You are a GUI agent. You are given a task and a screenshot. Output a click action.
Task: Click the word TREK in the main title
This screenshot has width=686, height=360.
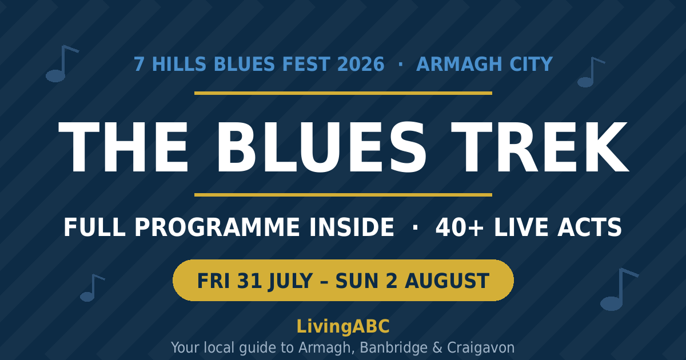click(x=540, y=147)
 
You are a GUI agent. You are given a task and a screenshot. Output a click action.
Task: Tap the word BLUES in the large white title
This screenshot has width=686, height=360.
click(x=321, y=147)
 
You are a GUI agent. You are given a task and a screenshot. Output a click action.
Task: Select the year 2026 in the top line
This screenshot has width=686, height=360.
click(x=361, y=64)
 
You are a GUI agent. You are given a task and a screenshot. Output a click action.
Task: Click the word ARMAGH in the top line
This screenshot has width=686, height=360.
click(x=459, y=64)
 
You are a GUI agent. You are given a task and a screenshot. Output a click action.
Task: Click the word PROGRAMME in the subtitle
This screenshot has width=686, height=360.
click(x=217, y=227)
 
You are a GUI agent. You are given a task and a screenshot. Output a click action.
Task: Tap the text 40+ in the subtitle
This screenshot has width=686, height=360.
click(x=460, y=227)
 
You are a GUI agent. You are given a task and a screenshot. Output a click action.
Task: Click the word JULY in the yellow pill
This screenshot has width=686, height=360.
click(x=290, y=281)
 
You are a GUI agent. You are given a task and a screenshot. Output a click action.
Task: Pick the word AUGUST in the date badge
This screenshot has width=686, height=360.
click(x=447, y=281)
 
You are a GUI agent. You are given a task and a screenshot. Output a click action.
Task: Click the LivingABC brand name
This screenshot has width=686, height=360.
click(x=343, y=326)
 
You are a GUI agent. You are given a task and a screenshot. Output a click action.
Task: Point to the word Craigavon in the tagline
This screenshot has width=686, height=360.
click(x=481, y=348)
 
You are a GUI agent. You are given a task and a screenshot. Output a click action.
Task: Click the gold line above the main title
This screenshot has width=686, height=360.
click(x=343, y=93)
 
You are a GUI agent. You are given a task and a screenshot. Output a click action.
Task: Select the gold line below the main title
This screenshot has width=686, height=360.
click(x=343, y=195)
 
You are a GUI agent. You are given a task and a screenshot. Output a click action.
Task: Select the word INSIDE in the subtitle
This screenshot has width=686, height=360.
click(x=352, y=227)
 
